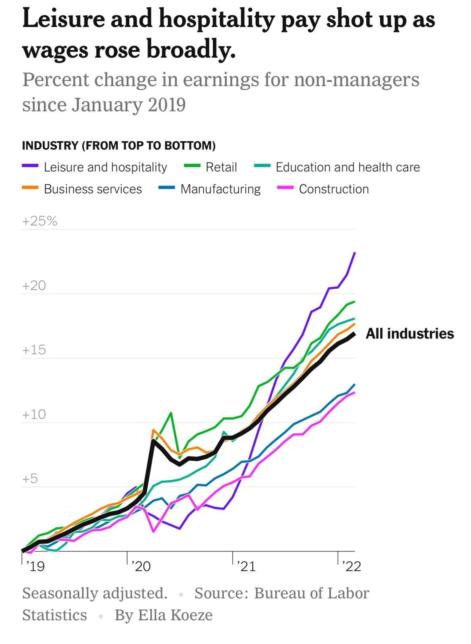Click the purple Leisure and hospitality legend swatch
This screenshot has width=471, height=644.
[30, 166]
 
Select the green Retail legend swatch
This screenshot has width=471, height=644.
[192, 166]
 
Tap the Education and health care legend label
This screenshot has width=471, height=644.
[347, 167]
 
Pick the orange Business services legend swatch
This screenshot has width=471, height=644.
[30, 188]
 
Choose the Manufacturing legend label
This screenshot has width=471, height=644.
[220, 189]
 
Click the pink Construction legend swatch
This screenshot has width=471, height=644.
[285, 188]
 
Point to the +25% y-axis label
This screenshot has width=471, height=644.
[40, 221]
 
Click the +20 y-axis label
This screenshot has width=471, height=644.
[34, 285]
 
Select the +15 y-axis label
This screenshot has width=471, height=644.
[34, 350]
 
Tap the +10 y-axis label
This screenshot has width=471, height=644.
[34, 414]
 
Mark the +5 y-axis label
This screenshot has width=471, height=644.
[30, 479]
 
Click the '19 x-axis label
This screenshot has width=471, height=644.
[35, 566]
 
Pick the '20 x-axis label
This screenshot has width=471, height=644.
[141, 566]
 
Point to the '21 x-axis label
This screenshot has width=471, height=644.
[246, 566]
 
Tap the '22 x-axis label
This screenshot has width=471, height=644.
[351, 566]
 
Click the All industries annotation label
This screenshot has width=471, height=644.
[409, 334]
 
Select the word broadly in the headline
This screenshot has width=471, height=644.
[191, 50]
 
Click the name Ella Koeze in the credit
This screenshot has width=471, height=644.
[175, 615]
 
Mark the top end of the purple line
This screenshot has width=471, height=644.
[354, 253]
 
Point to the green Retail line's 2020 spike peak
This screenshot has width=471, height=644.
[171, 413]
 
